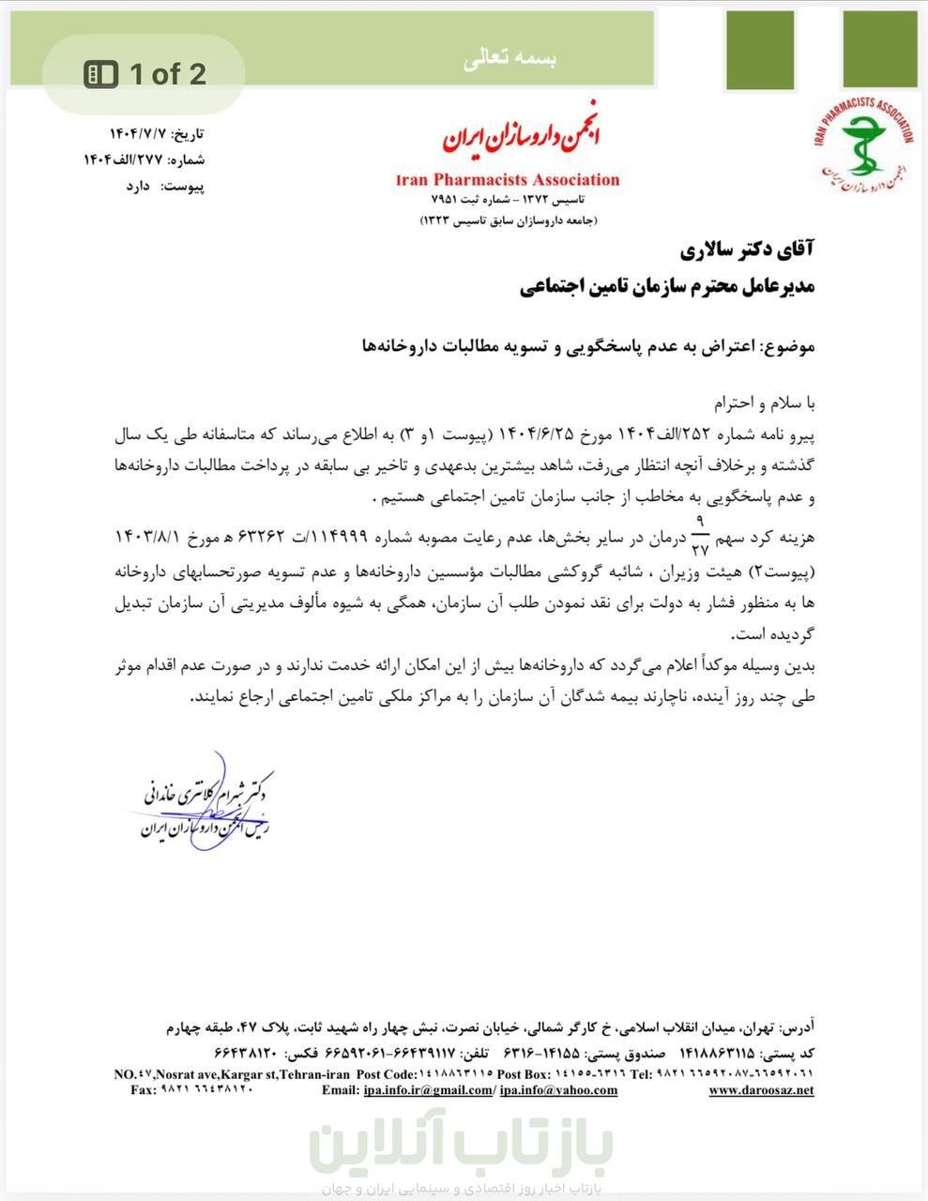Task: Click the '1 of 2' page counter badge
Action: (145, 74)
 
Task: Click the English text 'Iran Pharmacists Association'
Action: (508, 179)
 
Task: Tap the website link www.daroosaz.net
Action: (761, 1090)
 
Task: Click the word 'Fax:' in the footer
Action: (144, 1090)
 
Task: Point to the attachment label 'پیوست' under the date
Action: (184, 186)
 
